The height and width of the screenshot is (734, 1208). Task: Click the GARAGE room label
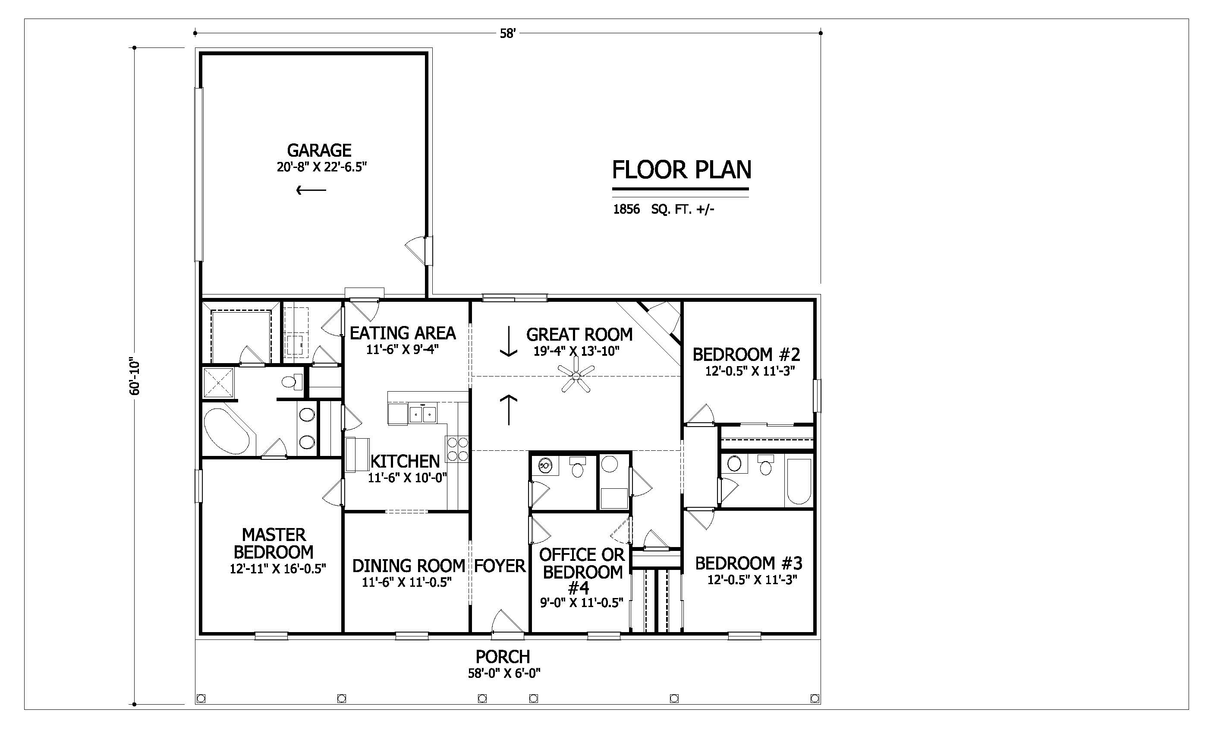319,150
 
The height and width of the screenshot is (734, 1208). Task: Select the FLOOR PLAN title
682,170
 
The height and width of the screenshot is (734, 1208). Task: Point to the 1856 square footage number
626,209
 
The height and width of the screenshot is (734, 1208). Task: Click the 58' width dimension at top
508,33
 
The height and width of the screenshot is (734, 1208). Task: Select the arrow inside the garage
311,190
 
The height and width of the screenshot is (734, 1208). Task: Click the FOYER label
500,566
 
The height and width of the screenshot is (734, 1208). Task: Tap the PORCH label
503,656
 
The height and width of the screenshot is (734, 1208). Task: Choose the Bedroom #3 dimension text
752,580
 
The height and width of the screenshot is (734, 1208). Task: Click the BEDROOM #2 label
746,354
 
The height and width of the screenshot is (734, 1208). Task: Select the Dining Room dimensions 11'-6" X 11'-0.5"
406,582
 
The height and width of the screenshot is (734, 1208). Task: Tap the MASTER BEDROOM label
274,543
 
